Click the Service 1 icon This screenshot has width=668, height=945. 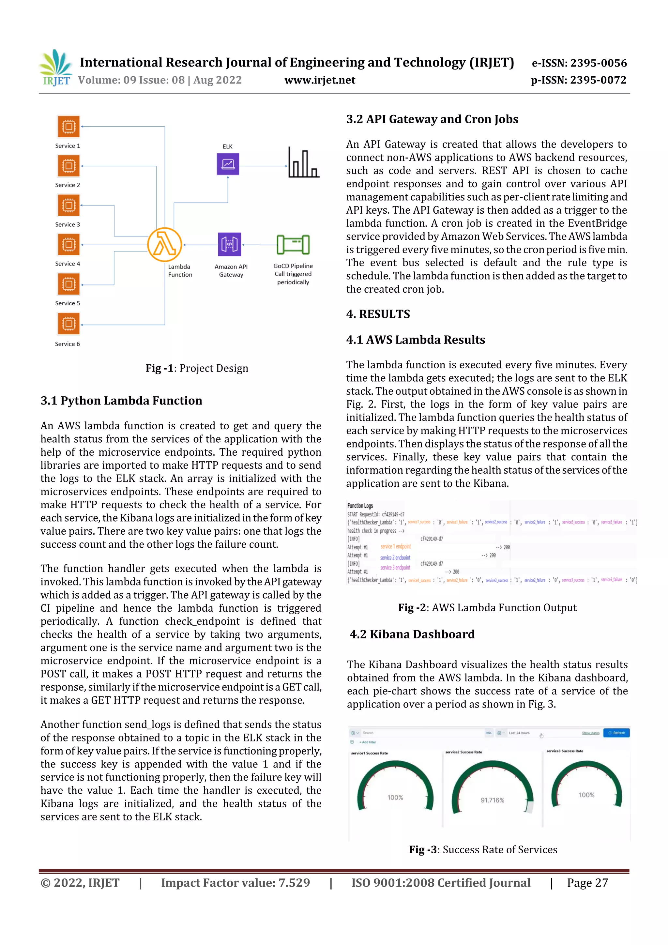(68, 126)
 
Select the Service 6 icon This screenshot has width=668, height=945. (68, 324)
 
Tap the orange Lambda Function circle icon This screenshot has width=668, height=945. (165, 244)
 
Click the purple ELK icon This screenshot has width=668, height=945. (228, 164)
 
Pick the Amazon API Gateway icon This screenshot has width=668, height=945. (229, 244)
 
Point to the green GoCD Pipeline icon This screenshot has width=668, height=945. (293, 244)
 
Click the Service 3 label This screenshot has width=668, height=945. (68, 224)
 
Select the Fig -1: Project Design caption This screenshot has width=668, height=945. (197, 368)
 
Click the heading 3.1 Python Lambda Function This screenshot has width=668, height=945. (121, 401)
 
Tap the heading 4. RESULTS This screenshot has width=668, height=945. (378, 314)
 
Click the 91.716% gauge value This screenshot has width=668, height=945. (492, 800)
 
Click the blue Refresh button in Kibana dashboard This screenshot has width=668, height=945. (616, 733)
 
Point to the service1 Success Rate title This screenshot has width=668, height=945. (369, 753)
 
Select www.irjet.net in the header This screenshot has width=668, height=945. (320, 80)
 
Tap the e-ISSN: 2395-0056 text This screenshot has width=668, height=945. (579, 63)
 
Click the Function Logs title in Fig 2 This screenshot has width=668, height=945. (360, 505)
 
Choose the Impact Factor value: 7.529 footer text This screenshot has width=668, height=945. (235, 882)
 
